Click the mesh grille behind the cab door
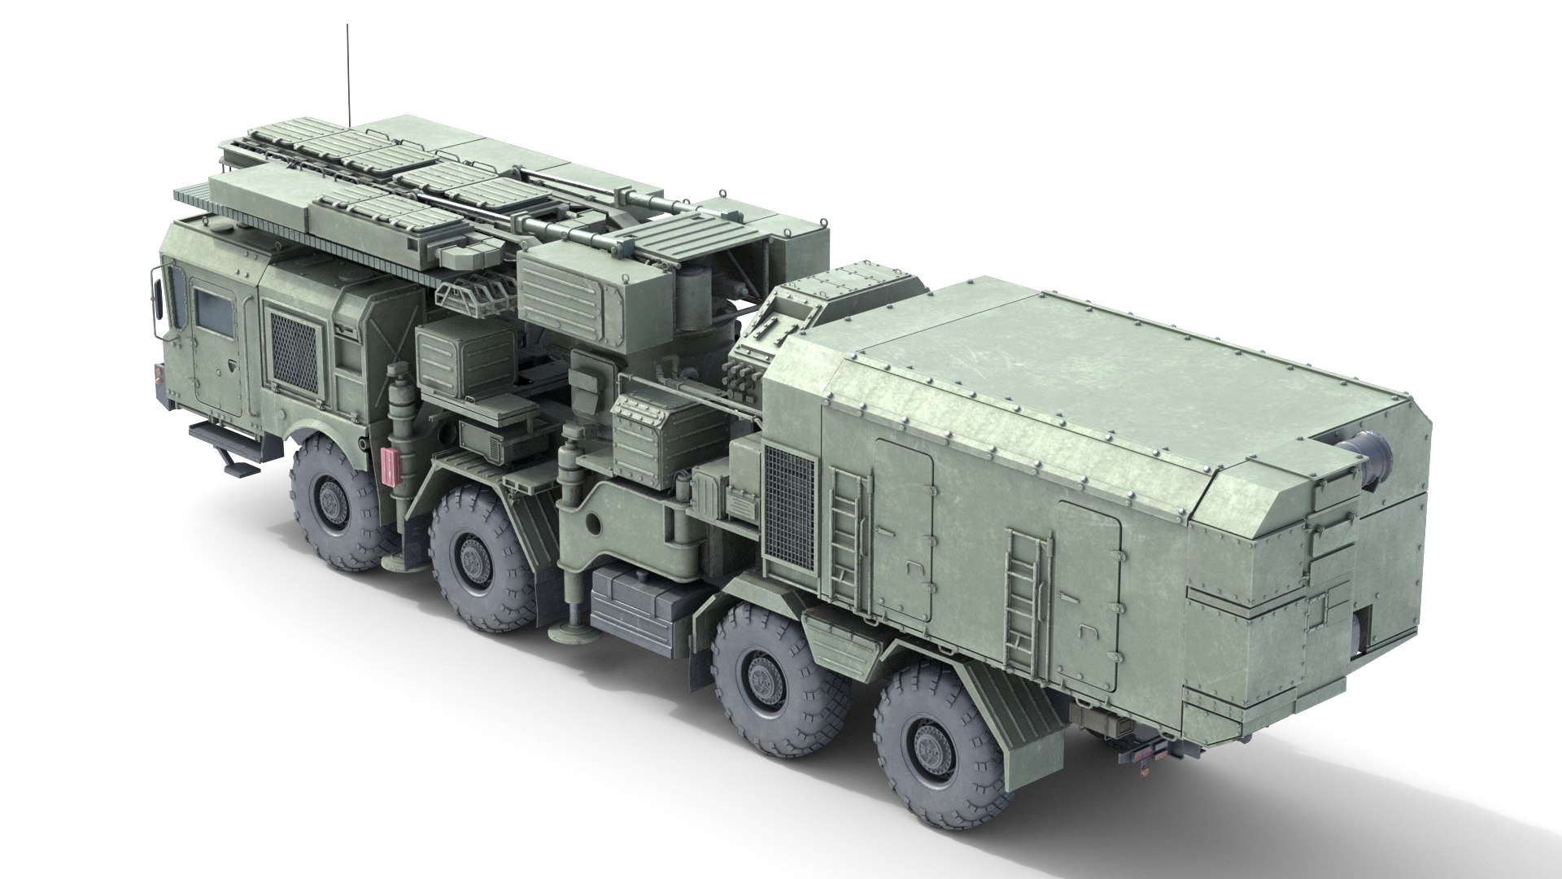294,352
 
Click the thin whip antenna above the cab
348,73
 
